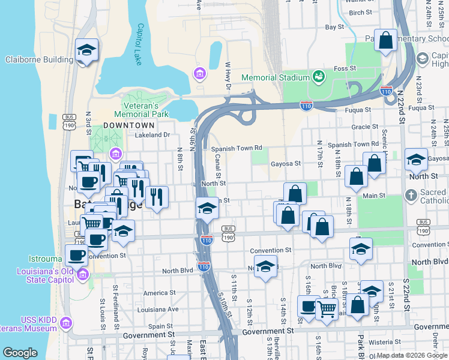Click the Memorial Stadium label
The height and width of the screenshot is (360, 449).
click(275, 78)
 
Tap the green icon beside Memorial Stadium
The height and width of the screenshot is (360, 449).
click(318, 77)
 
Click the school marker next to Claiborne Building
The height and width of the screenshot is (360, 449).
click(87, 50)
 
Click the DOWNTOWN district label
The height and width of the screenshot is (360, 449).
click(129, 125)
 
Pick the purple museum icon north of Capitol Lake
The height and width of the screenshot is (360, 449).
click(199, 74)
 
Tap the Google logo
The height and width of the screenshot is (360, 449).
click(20, 353)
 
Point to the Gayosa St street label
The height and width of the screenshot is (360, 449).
click(285, 163)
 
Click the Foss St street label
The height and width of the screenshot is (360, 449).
click(345, 68)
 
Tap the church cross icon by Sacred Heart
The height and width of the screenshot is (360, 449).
click(411, 195)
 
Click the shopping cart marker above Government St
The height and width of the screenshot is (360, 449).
click(326, 309)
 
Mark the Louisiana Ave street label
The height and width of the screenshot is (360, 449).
click(157, 310)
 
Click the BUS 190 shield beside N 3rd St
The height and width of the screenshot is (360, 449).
click(68, 122)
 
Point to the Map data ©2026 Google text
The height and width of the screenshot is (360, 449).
click(411, 355)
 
